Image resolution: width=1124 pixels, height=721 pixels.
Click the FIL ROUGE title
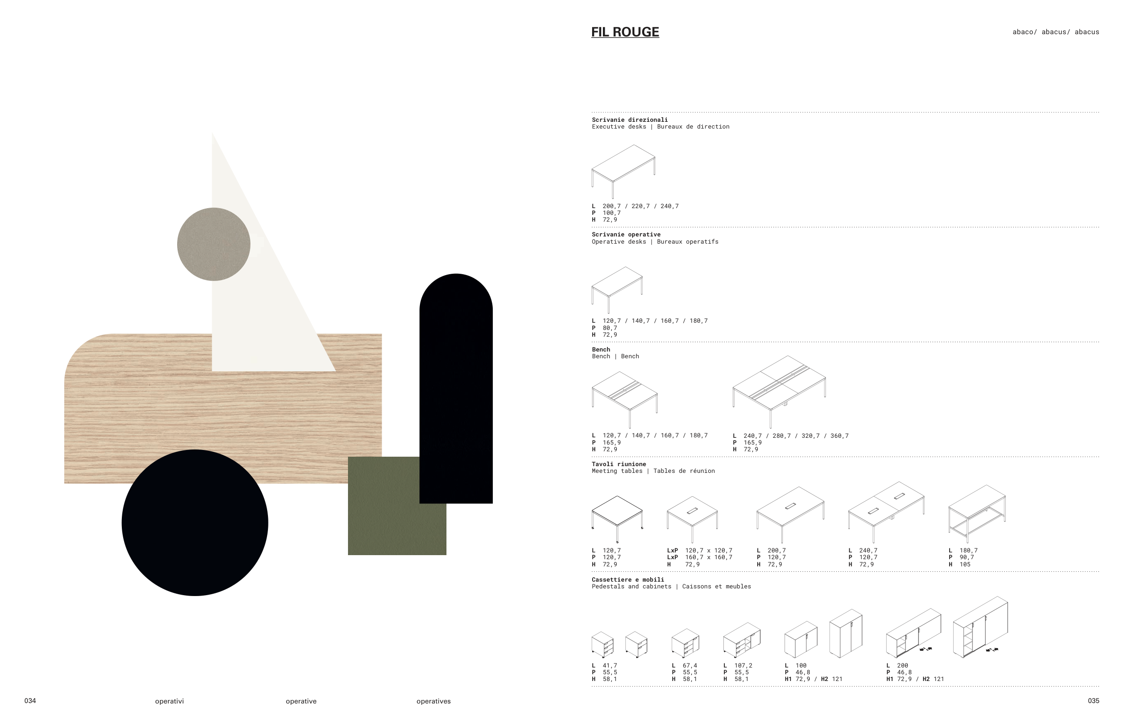pyautogui.click(x=625, y=32)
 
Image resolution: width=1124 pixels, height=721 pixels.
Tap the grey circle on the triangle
pyautogui.click(x=214, y=245)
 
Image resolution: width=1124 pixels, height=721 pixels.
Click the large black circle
pyautogui.click(x=195, y=522)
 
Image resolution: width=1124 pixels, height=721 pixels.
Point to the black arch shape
pyautogui.click(x=456, y=388)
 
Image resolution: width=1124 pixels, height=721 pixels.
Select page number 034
pyautogui.click(x=30, y=700)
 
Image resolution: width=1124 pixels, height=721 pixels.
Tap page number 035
pyautogui.click(x=1093, y=700)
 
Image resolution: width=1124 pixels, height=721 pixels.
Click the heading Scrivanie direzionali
pyautogui.click(x=629, y=120)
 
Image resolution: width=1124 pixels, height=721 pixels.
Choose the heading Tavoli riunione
pyautogui.click(x=619, y=464)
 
